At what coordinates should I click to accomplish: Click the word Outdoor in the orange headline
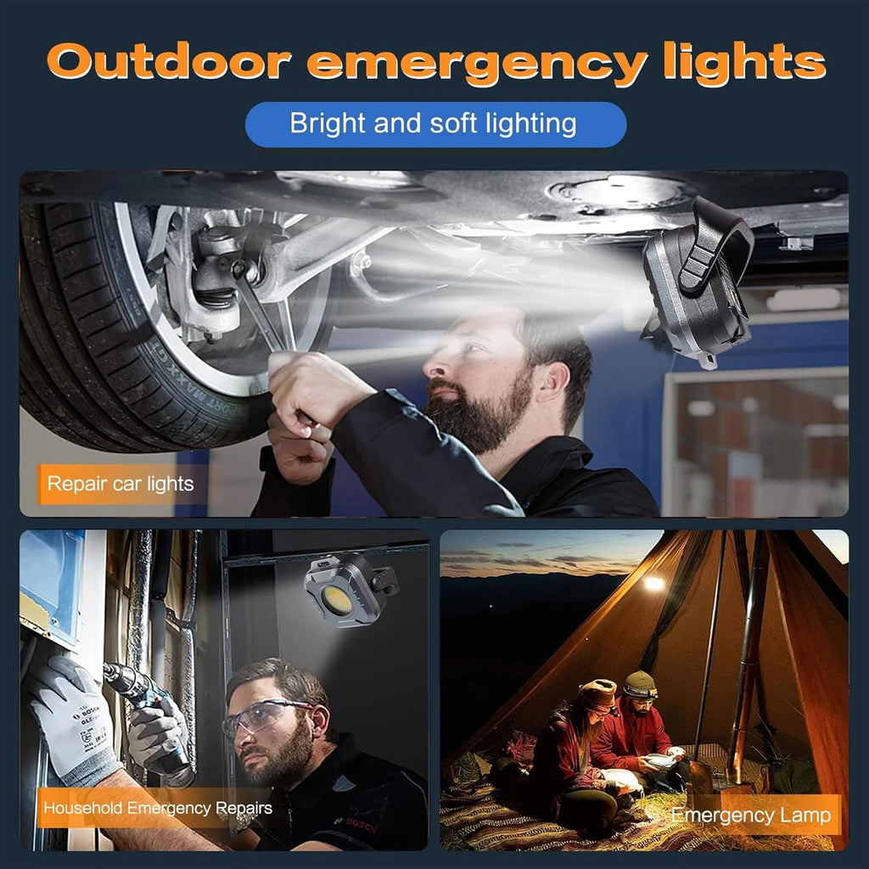point(170,61)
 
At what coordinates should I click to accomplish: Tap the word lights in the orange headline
point(744,64)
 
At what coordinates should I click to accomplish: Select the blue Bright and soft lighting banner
point(435,124)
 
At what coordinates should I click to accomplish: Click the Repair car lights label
point(121,484)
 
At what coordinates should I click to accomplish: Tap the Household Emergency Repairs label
point(157,808)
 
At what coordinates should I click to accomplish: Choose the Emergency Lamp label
point(752,816)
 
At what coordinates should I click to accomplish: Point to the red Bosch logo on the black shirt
point(360,825)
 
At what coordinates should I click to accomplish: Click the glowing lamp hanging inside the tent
point(654,582)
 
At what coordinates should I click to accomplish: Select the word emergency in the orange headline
point(477,64)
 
